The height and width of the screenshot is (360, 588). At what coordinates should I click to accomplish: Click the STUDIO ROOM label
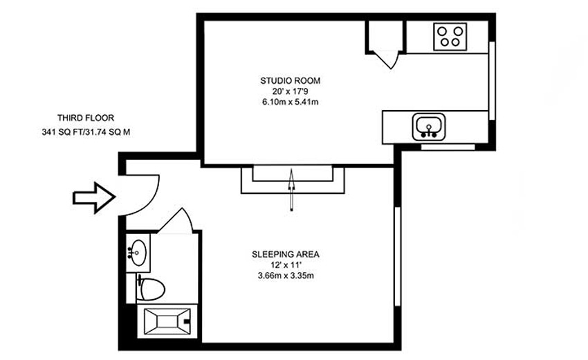point(291,80)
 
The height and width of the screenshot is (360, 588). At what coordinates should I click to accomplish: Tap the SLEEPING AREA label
point(286,254)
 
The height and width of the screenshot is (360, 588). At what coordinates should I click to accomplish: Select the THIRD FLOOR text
point(86,118)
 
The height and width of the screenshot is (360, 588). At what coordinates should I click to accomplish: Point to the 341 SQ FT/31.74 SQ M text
point(86,132)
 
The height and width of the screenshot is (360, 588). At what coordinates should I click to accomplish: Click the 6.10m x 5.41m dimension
point(291,102)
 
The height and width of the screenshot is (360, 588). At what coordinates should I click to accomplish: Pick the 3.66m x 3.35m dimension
point(286,276)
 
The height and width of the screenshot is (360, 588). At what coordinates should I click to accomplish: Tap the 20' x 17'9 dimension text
point(291,91)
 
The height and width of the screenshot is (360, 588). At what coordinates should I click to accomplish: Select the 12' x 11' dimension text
point(286,265)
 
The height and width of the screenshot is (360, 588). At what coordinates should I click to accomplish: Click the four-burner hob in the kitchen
point(450,37)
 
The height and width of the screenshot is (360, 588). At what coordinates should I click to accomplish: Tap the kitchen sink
point(429,127)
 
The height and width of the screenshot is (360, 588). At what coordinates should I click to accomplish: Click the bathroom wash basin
point(138,252)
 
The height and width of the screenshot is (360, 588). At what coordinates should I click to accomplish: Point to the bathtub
point(167,322)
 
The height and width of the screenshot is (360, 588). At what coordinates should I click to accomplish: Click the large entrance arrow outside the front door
point(94,198)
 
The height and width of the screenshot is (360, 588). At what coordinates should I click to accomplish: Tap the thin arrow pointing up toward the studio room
point(291,190)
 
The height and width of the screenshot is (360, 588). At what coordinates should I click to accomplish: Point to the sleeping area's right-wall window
point(398,256)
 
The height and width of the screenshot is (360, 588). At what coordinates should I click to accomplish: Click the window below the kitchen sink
point(448,147)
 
